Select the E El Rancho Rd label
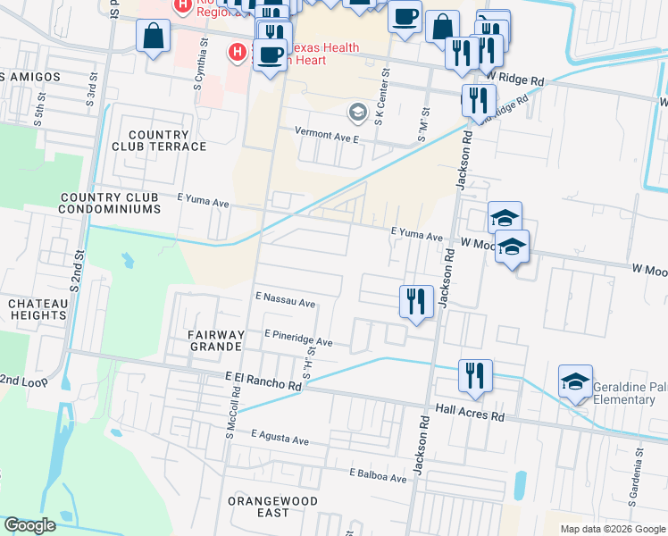[x=263, y=382]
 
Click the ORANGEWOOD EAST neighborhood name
[x=271, y=507]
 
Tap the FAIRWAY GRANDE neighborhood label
[x=214, y=339]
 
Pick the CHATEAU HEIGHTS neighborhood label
[x=38, y=310]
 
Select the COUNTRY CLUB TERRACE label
[x=160, y=139]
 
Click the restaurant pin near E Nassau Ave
[x=416, y=301]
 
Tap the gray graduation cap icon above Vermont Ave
[x=357, y=113]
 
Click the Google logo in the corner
[x=30, y=525]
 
